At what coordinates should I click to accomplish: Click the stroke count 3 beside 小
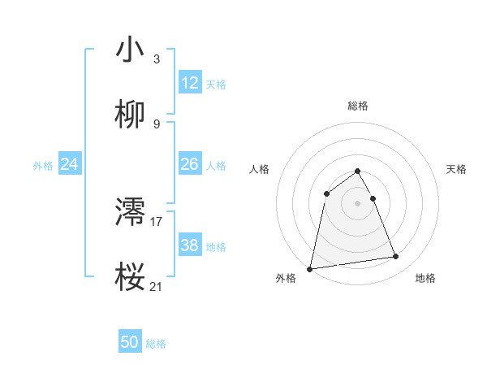(x=157, y=59)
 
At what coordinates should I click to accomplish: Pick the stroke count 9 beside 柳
(x=157, y=124)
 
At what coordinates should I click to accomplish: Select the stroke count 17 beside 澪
(x=157, y=221)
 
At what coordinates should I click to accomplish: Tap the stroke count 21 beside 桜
(x=157, y=286)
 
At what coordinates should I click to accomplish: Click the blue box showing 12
(x=190, y=83)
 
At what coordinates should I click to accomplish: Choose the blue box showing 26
(x=190, y=164)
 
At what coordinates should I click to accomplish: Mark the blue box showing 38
(x=190, y=245)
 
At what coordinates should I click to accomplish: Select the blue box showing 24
(x=70, y=164)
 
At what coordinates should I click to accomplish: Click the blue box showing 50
(x=130, y=342)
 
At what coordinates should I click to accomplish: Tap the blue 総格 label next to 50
(x=156, y=344)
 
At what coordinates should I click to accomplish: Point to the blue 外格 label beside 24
(x=43, y=166)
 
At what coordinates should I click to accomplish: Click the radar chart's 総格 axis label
(x=358, y=106)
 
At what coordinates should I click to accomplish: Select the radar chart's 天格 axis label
(x=457, y=169)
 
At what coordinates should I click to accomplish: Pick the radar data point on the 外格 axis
(x=310, y=268)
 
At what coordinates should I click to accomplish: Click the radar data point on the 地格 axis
(x=396, y=257)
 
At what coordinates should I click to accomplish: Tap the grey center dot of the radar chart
(x=358, y=202)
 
